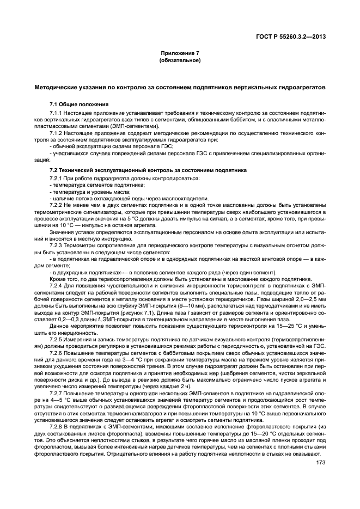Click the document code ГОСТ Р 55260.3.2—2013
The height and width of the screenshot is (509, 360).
click(294, 36)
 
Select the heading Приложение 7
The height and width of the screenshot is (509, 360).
click(180, 53)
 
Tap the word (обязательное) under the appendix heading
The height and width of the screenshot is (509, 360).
click(180, 60)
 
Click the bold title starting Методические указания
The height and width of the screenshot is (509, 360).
click(180, 87)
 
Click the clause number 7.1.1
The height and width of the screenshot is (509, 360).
click(56, 112)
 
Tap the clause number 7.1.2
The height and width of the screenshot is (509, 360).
click(56, 133)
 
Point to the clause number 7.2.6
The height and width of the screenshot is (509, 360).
click(56, 353)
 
